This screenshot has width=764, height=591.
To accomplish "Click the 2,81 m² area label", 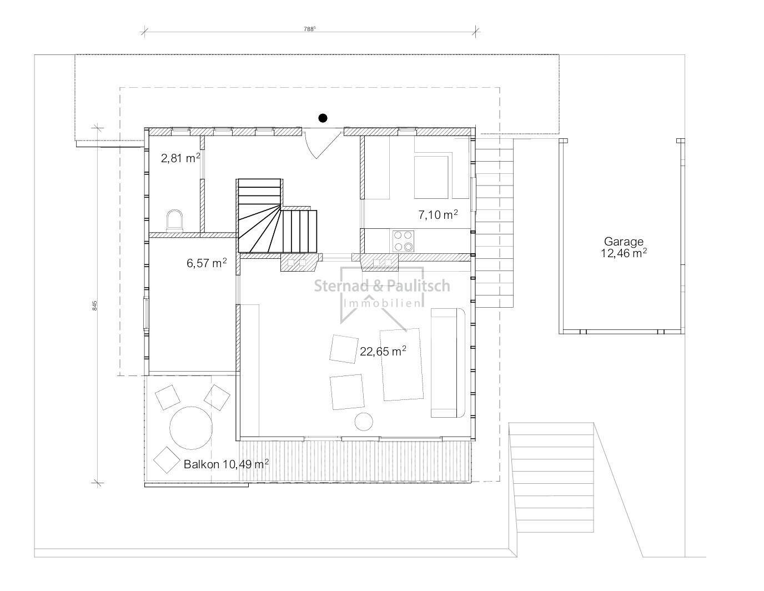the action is pos(180,158).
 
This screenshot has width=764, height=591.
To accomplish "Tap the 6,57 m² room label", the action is pos(207,263).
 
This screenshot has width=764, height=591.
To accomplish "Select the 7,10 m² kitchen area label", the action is pos(438,214).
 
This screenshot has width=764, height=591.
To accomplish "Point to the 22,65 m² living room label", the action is pos(383,350).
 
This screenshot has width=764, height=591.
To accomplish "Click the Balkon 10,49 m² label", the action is pos(226,464).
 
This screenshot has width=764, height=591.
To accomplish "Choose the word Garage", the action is pos(624,242).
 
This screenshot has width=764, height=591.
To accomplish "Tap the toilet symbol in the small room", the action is pos(175,221).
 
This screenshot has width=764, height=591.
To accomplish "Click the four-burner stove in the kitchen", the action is pos(403,241).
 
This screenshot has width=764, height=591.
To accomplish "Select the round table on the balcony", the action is pos(191,428).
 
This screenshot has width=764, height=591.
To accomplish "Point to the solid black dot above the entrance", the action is pos(323,118).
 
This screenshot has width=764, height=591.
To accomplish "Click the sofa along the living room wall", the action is pos(448,363).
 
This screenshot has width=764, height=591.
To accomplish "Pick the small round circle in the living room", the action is pos(364,421).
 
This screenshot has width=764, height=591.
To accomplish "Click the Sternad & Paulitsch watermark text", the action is pos(382,286).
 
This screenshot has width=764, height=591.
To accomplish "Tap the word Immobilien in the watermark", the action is pos(382,303).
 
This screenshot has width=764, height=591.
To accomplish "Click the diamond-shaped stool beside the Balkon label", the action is pos(167,460).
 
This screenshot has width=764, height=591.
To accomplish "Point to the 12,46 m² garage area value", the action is pos(624,253).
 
